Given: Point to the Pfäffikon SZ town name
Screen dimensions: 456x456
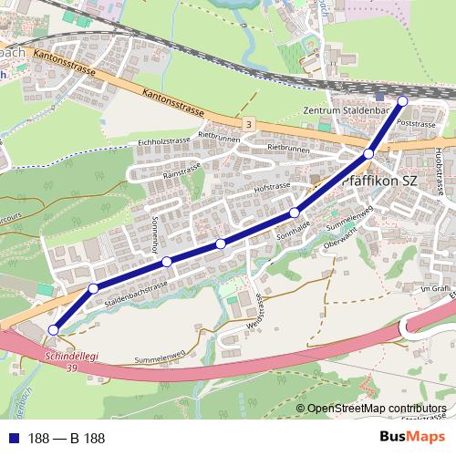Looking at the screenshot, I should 380,181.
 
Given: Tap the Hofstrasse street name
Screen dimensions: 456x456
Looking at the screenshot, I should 273,187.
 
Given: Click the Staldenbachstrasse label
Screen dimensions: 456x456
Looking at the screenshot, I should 136,293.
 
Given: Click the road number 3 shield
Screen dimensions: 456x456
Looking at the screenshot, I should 249,122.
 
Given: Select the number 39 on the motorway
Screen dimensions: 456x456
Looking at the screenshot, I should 71,368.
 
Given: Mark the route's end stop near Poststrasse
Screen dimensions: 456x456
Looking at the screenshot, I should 403,100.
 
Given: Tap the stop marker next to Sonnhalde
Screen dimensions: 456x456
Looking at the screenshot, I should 295,213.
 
